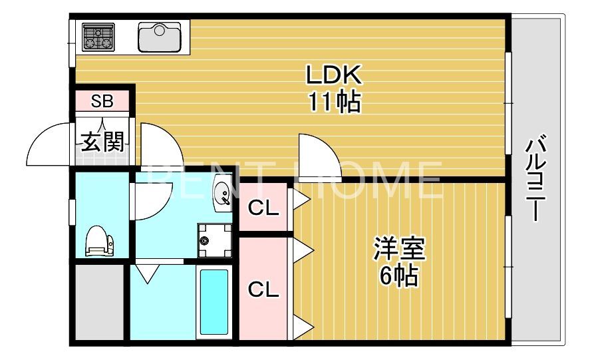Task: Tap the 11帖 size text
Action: pos(333,102)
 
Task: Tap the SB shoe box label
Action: pos(102,102)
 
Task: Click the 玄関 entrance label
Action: pos(102,141)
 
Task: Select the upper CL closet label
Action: pos(263,208)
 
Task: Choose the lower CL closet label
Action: pos(263,289)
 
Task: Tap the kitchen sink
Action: pos(160,37)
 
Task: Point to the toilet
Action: pos(100,241)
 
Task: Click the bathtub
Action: pos(214,301)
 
